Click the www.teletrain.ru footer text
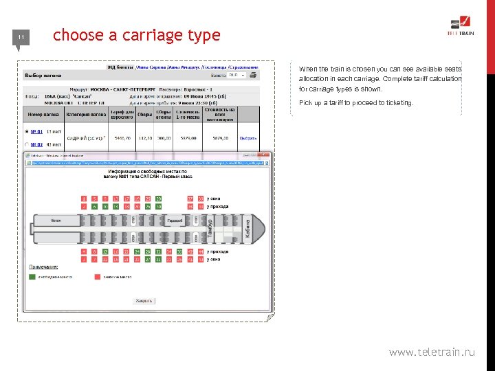pyautogui.click(x=432, y=352)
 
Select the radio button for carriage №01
pyautogui.click(x=26, y=131)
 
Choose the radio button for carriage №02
pyautogui.click(x=26, y=145)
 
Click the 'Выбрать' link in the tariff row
pyautogui.click(x=248, y=138)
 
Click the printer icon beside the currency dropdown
pyautogui.click(x=253, y=76)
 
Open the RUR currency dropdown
pyautogui.click(x=238, y=76)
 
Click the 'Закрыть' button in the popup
pyautogui.click(x=144, y=300)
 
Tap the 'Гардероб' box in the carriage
pyautogui.click(x=174, y=221)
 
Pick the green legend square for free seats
pyautogui.click(x=32, y=277)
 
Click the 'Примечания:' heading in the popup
pyautogui.click(x=43, y=267)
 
